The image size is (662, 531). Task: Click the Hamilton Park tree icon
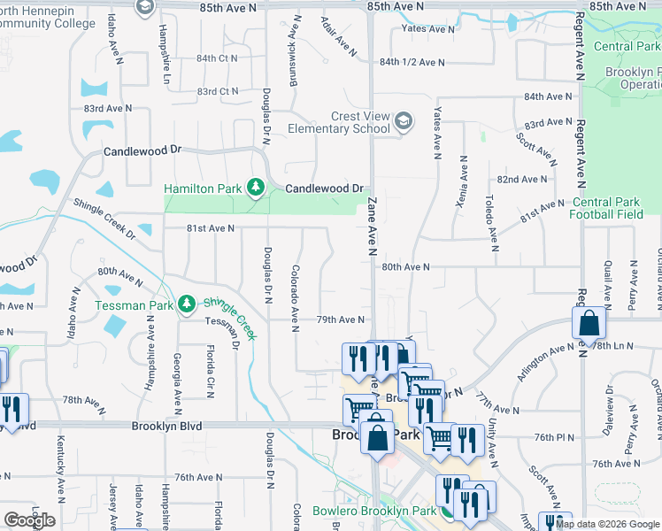[256, 188]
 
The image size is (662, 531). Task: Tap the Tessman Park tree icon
[187, 304]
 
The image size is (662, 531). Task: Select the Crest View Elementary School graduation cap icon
[404, 121]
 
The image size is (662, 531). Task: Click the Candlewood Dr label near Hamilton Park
[325, 189]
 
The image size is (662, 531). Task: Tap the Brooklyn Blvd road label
[166, 426]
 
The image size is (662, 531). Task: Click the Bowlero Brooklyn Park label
[374, 512]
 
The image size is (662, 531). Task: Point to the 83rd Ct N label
[218, 91]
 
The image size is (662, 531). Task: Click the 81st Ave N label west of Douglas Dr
[211, 227]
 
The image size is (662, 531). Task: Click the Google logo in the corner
[29, 520]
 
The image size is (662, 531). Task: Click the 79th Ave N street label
[342, 319]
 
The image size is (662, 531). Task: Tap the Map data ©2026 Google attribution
[607, 524]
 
